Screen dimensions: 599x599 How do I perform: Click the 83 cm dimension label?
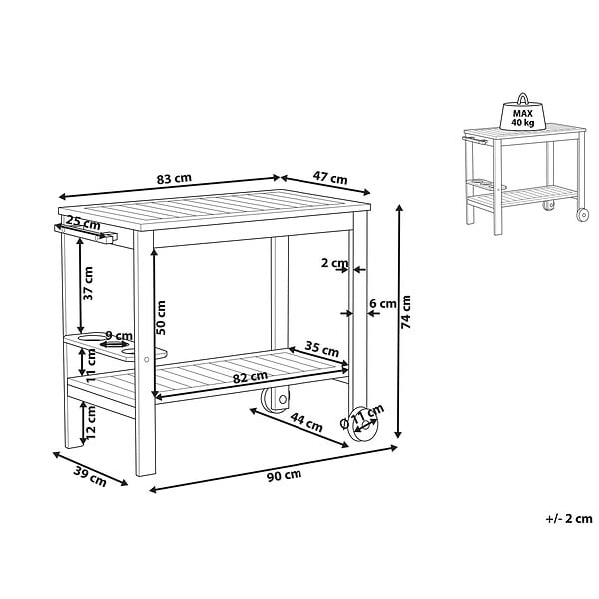[174, 179]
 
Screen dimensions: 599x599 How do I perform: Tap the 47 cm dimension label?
[330, 178]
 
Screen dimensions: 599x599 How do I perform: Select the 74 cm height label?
[406, 312]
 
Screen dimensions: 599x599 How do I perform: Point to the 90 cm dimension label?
[284, 475]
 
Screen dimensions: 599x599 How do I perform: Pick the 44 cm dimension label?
[306, 422]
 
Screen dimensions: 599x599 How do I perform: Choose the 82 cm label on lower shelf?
[250, 377]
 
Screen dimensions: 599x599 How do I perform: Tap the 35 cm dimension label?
[322, 349]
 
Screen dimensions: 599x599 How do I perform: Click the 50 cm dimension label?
[161, 318]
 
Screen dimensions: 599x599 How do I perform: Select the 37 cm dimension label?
[88, 284]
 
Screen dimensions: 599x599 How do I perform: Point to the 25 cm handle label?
[83, 223]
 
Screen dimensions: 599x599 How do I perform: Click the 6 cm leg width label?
[383, 304]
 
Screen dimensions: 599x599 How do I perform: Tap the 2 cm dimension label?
[335, 263]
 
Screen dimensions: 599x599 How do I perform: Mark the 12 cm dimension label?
[90, 422]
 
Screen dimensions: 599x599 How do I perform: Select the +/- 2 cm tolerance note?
[569, 519]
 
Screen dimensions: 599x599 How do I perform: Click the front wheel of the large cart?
[363, 424]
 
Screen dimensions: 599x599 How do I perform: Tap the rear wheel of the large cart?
[275, 400]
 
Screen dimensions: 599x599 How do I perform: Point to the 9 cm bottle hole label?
[119, 336]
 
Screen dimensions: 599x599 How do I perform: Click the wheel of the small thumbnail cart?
[583, 215]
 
